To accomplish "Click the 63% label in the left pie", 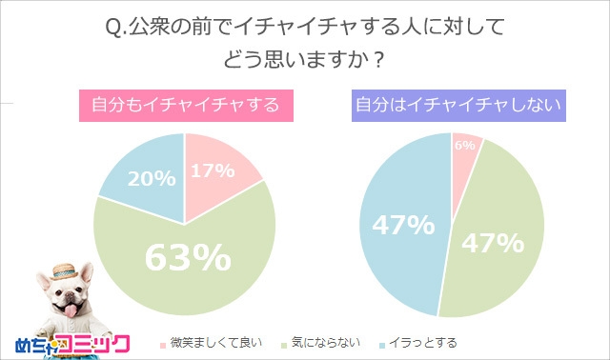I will pyautogui.click(x=188, y=257).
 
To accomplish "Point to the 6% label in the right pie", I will pyautogui.click(x=464, y=145).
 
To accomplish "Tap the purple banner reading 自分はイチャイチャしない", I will pyautogui.click(x=454, y=105).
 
